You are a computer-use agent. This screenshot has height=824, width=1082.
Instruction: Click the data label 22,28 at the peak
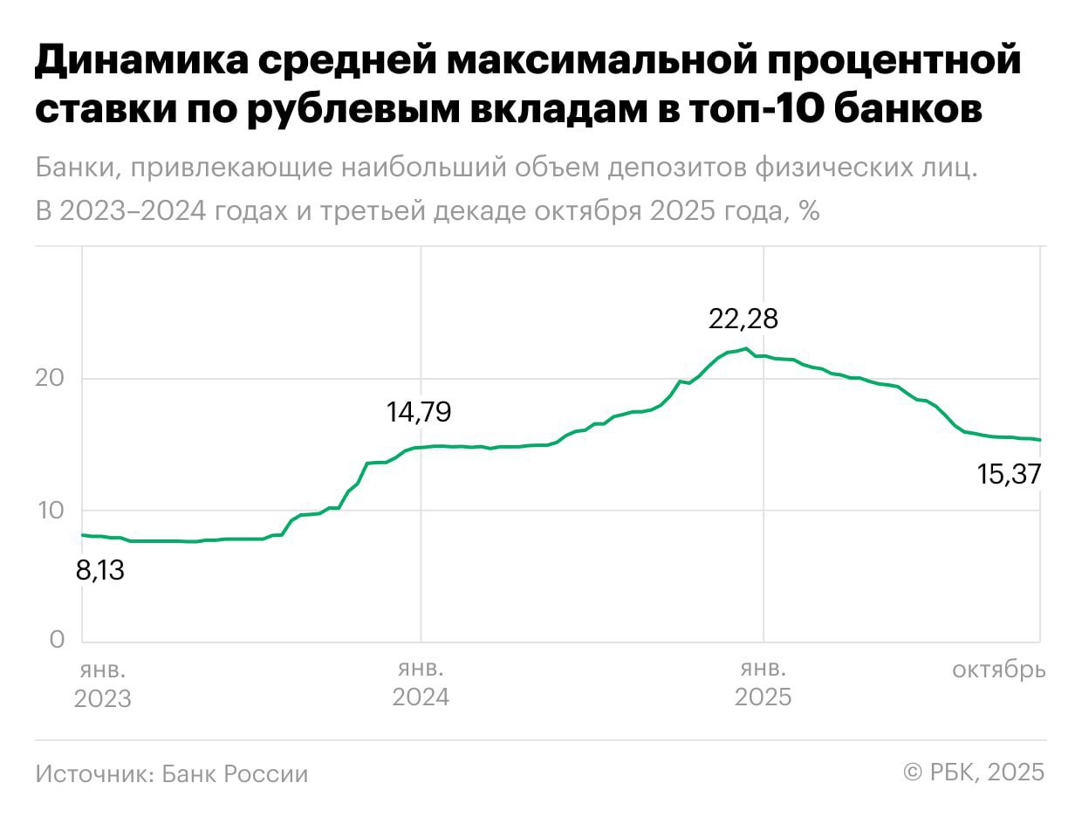(743, 319)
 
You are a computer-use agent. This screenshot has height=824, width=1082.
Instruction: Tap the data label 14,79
(419, 412)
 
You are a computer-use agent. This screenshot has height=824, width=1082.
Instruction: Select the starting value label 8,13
(100, 572)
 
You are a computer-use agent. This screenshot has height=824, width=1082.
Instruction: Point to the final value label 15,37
(1010, 475)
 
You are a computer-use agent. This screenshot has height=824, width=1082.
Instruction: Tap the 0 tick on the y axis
(57, 640)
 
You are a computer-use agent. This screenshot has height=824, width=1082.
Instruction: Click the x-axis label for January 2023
(103, 684)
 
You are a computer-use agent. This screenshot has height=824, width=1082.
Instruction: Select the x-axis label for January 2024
(421, 684)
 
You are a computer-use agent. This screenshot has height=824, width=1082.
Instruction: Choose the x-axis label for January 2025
(764, 684)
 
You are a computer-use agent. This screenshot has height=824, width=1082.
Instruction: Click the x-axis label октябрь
(998, 670)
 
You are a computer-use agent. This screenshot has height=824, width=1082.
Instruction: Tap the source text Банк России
(235, 774)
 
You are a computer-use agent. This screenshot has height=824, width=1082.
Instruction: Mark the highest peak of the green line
(744, 348)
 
